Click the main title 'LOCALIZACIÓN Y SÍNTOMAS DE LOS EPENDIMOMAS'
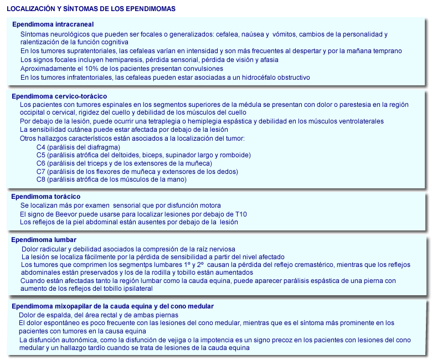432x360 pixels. (91, 9)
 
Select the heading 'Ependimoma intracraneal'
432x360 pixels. (53, 25)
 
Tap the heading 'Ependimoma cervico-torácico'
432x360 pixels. (59, 96)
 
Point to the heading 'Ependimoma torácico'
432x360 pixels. (46, 197)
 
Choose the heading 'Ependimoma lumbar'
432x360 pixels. (43, 240)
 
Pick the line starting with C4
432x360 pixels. (78, 147)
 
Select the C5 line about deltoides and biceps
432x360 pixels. (143, 156)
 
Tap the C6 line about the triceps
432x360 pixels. (124, 163)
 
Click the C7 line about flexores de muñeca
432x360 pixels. (137, 172)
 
